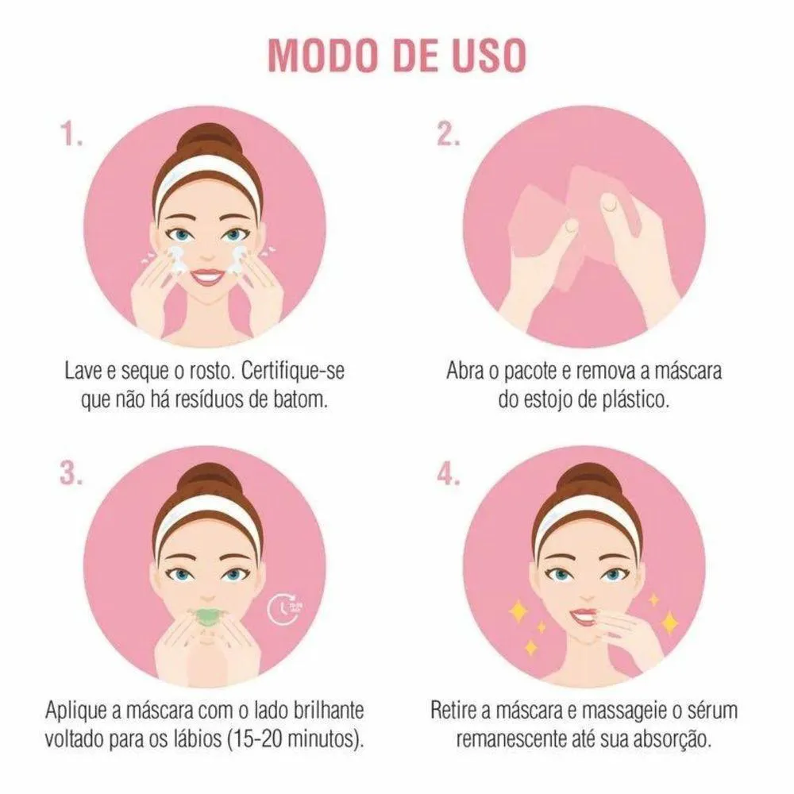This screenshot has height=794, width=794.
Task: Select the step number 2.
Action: (x=449, y=135)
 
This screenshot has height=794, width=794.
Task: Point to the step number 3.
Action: (x=71, y=474)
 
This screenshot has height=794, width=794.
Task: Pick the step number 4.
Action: (x=449, y=474)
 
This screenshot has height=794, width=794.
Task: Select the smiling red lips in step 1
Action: (x=206, y=276)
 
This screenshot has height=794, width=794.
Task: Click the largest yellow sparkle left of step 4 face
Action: (x=518, y=611)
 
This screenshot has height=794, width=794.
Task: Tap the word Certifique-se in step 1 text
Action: (x=292, y=371)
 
